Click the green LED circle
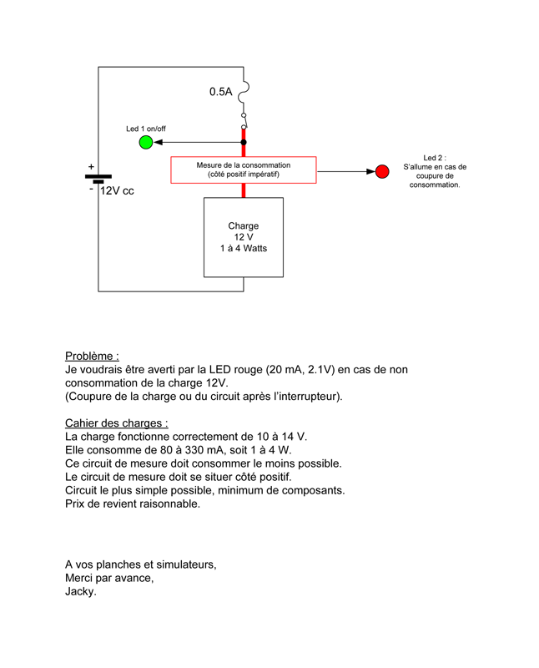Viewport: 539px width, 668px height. coord(146,143)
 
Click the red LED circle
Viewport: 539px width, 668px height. coord(382,171)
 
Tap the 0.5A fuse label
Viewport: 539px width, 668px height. coord(220,92)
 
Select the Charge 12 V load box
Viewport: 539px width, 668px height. coord(244,237)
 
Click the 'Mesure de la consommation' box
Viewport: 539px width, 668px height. coord(244,170)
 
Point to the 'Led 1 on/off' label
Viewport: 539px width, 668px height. coord(146,129)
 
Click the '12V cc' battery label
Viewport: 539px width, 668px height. coord(117,191)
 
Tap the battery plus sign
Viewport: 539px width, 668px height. coord(91,167)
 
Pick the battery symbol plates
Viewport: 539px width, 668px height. coord(98,178)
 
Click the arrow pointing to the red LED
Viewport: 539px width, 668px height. coord(345,171)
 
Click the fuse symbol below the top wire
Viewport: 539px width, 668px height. coord(244,91)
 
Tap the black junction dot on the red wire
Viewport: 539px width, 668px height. coord(244,143)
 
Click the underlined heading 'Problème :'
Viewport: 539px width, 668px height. coord(92,356)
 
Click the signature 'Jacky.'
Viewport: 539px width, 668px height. coord(81,592)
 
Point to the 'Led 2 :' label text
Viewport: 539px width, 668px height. coord(435,157)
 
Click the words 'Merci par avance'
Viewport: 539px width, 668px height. coord(109,578)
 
